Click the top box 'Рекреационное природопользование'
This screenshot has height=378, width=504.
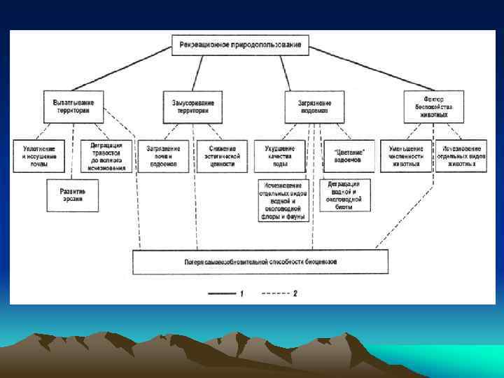point(240,45)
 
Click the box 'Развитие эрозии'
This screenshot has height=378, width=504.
point(73,195)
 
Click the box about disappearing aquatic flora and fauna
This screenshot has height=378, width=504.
point(283,200)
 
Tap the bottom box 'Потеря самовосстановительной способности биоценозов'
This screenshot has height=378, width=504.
point(260,262)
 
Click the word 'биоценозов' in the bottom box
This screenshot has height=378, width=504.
point(319,262)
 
